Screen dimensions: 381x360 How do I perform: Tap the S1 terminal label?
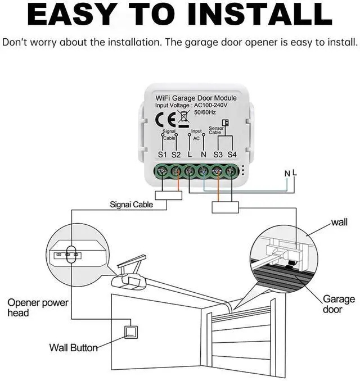coord(163,154)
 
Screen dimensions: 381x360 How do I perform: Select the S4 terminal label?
coord(232,154)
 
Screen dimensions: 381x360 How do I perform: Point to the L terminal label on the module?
coord(190,154)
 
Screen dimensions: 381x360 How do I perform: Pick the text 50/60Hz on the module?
coord(205,113)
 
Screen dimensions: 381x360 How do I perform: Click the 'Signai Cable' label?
coord(131,205)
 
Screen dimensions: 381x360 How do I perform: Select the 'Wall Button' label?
coord(74,348)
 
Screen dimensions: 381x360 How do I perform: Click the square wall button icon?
coord(131,333)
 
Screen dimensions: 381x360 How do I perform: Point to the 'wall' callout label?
coord(339,223)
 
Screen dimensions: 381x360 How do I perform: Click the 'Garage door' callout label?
coord(339,304)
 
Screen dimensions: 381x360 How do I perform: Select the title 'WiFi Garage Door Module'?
coord(196,98)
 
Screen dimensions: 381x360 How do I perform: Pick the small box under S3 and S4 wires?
coord(226,207)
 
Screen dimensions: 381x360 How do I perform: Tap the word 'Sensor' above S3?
coord(216,128)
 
